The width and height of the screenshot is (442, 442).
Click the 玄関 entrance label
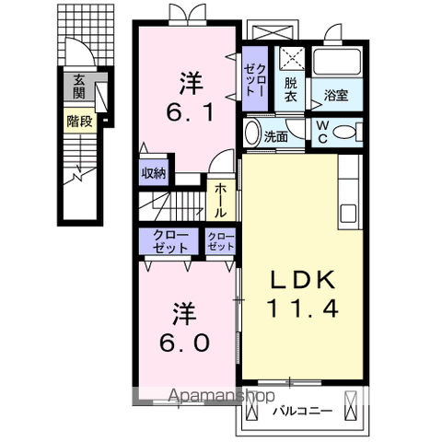(79, 87)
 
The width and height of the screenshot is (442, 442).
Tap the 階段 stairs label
(79, 120)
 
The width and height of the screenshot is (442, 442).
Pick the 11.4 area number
(301, 308)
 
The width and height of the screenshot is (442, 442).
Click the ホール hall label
(222, 199)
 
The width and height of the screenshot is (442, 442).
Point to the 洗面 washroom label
(276, 136)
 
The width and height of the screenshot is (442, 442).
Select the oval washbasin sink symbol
(251, 133)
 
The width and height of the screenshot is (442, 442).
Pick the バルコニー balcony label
(300, 410)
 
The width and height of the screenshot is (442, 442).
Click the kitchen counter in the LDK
(350, 189)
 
